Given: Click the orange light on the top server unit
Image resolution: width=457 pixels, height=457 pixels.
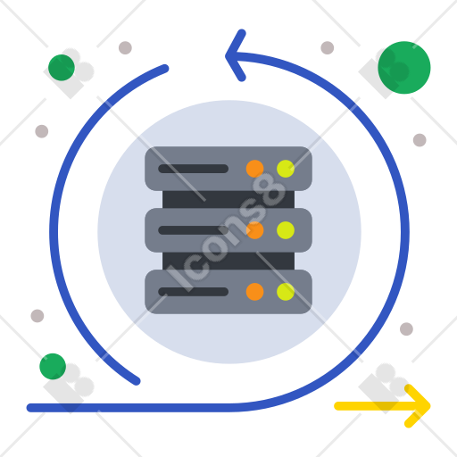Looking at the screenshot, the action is [x=254, y=169].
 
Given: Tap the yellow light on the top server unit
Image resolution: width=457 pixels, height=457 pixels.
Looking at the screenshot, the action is [x=286, y=169].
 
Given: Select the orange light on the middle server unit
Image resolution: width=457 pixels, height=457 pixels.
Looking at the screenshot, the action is [x=254, y=230].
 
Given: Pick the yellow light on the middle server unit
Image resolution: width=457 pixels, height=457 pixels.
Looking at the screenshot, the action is [x=286, y=230].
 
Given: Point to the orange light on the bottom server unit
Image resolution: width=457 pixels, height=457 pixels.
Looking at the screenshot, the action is [x=254, y=292].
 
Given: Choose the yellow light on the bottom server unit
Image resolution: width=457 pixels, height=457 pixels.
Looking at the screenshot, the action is [x=286, y=292].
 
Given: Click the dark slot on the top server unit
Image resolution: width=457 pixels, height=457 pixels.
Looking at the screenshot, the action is [x=193, y=169].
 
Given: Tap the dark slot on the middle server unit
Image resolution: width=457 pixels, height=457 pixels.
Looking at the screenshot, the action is [x=193, y=230].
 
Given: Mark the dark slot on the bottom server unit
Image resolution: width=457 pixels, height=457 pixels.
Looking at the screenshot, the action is [x=193, y=292].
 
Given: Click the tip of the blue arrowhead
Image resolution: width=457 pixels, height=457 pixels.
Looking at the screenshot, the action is [x=226, y=56].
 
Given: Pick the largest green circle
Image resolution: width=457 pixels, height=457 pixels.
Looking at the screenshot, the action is [x=404, y=68].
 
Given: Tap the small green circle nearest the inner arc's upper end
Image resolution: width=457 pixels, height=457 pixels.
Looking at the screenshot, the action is [x=62, y=68].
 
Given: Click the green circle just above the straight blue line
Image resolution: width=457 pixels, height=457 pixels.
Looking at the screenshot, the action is [x=53, y=366].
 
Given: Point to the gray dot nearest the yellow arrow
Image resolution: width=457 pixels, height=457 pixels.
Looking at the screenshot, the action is [x=406, y=328].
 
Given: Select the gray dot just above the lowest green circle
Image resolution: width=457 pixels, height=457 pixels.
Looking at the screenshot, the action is [x=37, y=316].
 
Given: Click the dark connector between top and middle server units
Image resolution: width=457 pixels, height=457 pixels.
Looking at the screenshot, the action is [x=228, y=199].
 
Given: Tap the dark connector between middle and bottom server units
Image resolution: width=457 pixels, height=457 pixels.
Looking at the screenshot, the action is [x=228, y=261].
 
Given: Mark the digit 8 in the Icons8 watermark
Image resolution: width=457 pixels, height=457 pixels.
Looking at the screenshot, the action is [x=270, y=189].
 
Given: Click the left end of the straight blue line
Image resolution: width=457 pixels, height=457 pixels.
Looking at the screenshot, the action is [x=30, y=408].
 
